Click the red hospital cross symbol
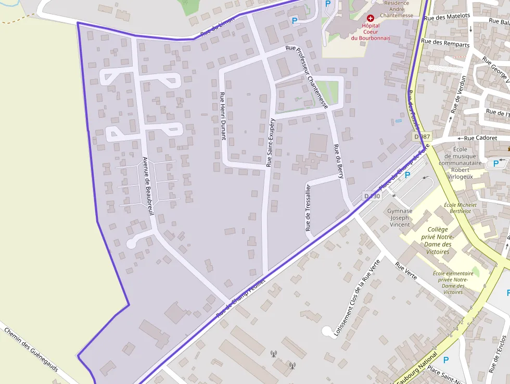coord(370,18)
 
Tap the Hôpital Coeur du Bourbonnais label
coord(370,31)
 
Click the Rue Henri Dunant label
coord(223,116)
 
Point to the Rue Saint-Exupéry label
coord(270,142)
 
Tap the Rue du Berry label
coord(338,161)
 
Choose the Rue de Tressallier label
coord(308,207)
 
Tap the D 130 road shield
coord(373,196)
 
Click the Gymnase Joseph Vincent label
coord(400,218)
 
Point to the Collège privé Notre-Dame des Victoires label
coord(438,240)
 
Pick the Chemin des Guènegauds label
coord(34,354)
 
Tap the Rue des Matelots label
coord(447,17)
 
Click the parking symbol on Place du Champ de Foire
coord(407,175)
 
